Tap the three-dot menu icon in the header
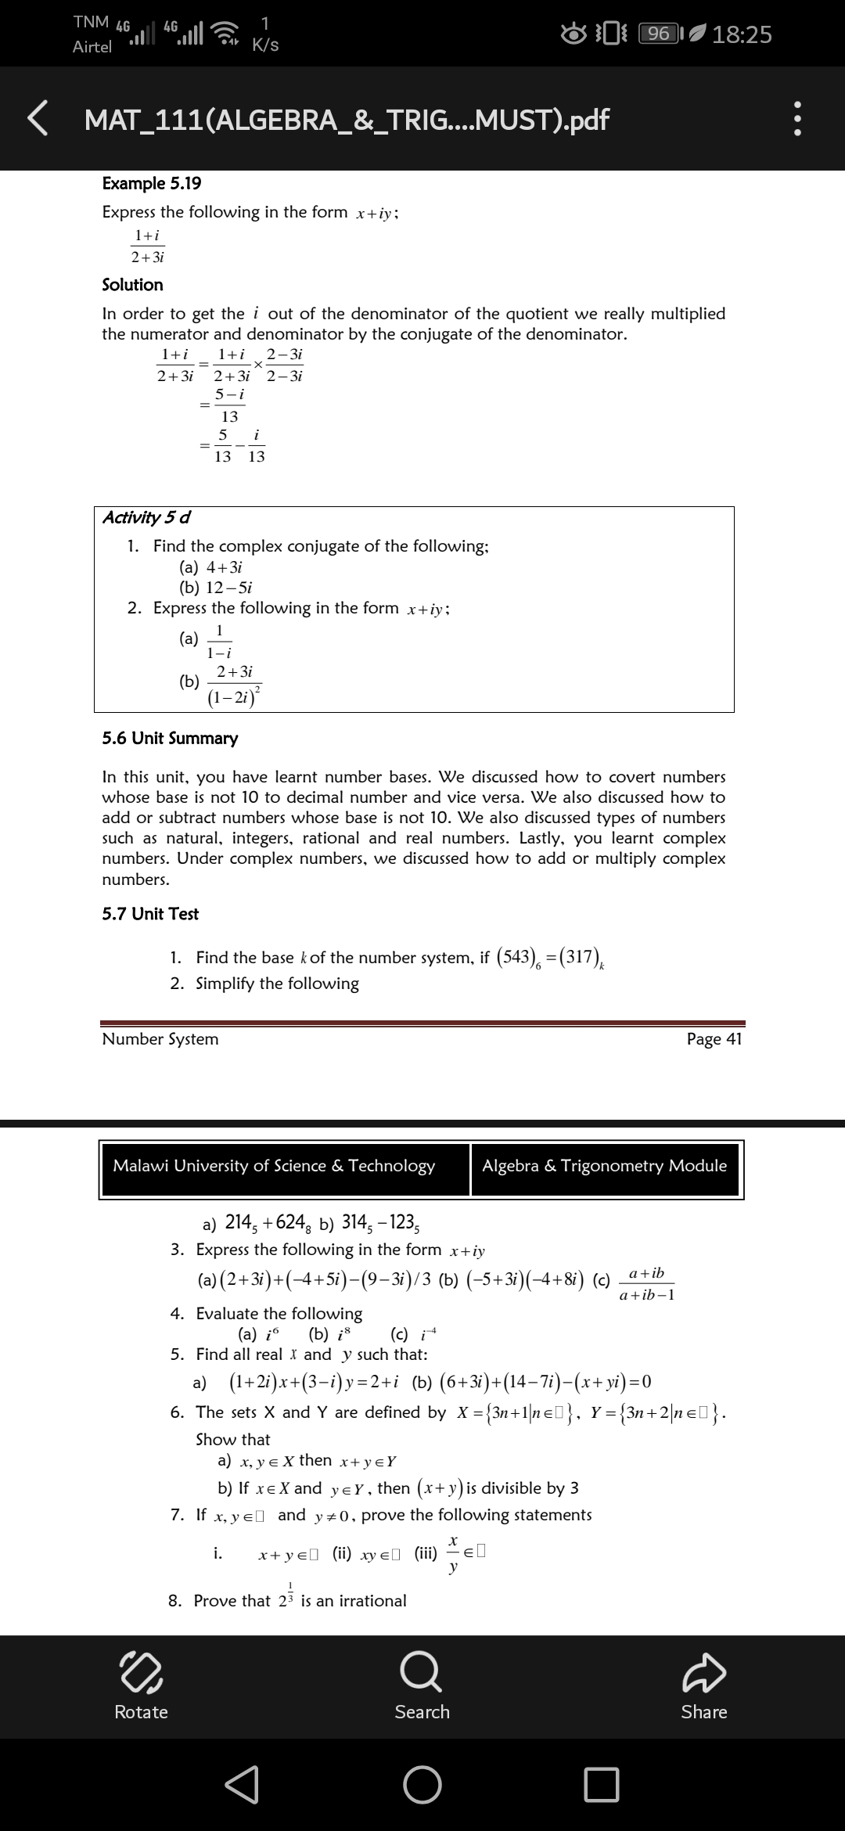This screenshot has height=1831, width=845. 797,119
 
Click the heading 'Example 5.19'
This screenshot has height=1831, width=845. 152,183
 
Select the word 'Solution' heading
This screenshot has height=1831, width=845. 133,285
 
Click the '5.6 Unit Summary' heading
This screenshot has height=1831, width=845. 171,738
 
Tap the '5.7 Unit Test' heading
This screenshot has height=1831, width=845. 150,913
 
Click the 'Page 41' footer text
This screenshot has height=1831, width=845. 714,1038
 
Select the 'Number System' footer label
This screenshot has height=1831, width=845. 160,1038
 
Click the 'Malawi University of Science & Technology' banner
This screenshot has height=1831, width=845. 274,1166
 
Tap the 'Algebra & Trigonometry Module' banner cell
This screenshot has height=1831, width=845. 604,1166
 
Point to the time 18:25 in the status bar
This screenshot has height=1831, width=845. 743,34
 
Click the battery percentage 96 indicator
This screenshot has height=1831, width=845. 660,34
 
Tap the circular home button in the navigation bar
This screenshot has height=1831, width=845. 422,1785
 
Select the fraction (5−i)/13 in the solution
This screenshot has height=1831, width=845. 230,405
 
